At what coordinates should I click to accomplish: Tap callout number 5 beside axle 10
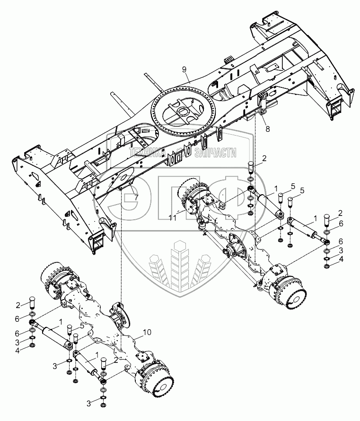(x=82, y=326)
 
